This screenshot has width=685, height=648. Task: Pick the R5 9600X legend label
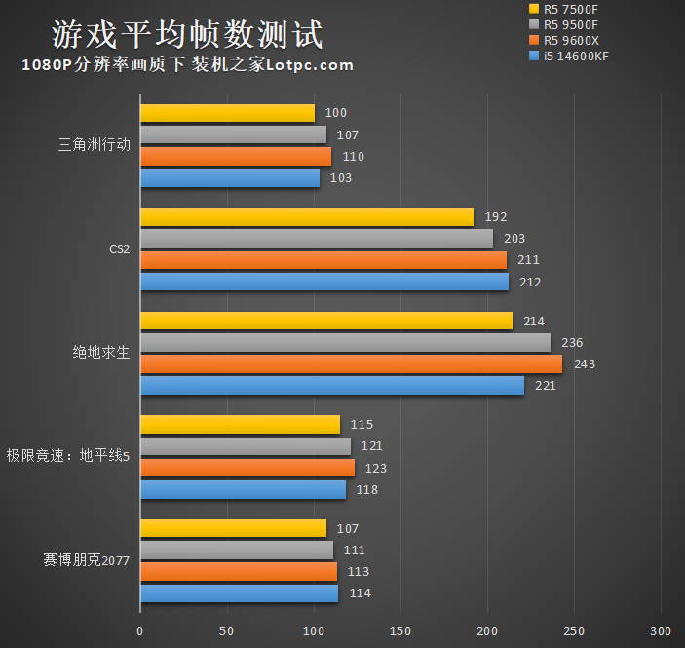[x=570, y=40]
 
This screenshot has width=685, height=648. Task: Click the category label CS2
[x=120, y=249]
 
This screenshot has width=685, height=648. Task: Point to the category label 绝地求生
[x=101, y=353]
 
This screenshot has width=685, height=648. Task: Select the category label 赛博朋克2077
[x=87, y=560]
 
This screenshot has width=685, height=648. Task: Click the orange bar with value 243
[x=351, y=363]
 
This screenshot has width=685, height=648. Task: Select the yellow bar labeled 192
[x=307, y=217]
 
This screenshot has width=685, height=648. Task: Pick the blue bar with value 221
[x=332, y=386]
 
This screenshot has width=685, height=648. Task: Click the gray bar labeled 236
[x=345, y=342]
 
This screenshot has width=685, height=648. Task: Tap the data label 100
[x=336, y=113]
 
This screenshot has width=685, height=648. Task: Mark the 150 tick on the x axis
[x=400, y=629]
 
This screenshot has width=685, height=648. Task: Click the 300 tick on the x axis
[x=662, y=629]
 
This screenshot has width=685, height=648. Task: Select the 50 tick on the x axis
[x=227, y=629]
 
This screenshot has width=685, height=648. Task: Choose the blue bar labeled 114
[x=239, y=593]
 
